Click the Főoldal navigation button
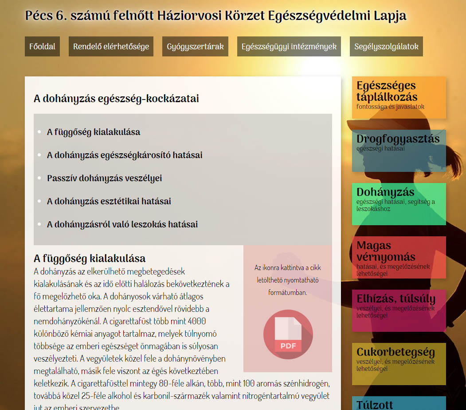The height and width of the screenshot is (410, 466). [x=42, y=47]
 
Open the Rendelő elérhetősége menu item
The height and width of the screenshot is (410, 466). [x=111, y=47]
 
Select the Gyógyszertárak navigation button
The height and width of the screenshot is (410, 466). [x=195, y=47]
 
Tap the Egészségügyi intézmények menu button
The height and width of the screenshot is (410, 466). [x=289, y=47]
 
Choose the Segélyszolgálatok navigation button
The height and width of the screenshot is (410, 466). [x=386, y=47]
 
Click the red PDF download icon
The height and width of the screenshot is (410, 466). [x=288, y=334]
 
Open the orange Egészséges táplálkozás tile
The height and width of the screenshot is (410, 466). [x=399, y=97]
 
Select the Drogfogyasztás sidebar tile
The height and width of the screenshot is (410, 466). [x=399, y=151]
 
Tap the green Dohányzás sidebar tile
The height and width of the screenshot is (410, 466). [x=399, y=204]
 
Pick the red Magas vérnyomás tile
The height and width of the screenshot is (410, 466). [x=399, y=257]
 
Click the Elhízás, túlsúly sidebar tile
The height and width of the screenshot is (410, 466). [x=399, y=310]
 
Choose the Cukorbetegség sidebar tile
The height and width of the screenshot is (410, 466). [x=399, y=364]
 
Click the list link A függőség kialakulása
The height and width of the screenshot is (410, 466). [x=94, y=132]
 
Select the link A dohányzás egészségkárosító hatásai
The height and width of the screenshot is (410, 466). [x=125, y=155]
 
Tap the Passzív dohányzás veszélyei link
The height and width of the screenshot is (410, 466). [x=104, y=178]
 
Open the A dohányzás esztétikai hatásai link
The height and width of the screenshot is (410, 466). [x=109, y=201]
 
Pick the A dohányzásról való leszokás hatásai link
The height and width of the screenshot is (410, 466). [x=122, y=224]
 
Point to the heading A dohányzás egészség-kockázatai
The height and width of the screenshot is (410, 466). [x=116, y=99]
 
